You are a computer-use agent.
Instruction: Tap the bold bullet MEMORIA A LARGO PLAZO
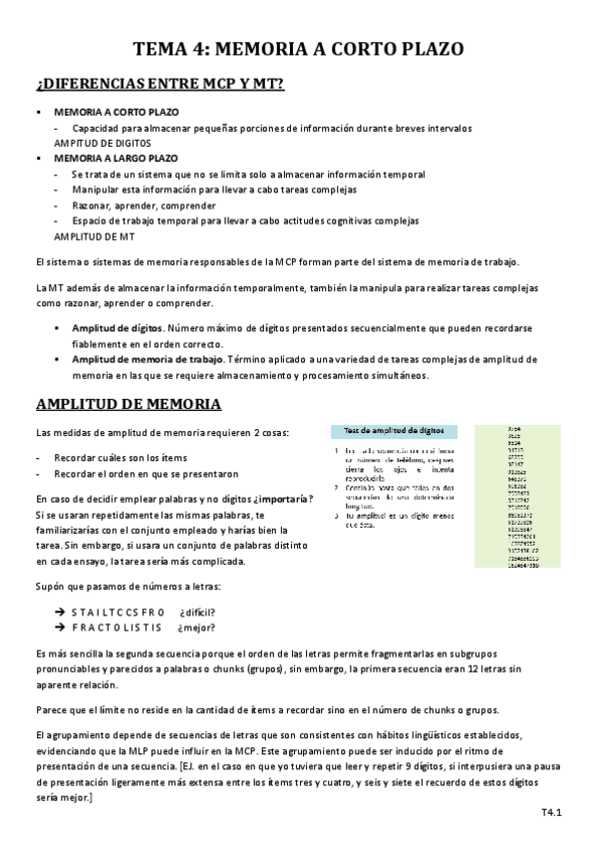[116, 158]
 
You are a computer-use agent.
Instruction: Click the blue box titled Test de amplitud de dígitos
[394, 430]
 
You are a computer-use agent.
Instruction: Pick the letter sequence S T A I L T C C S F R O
[117, 612]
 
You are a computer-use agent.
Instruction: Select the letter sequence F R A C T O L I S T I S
[116, 628]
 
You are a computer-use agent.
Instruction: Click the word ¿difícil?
[197, 612]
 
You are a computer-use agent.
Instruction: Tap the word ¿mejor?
[195, 628]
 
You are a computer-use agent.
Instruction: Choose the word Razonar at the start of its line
[90, 205]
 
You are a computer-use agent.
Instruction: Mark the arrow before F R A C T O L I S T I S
[59, 628]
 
